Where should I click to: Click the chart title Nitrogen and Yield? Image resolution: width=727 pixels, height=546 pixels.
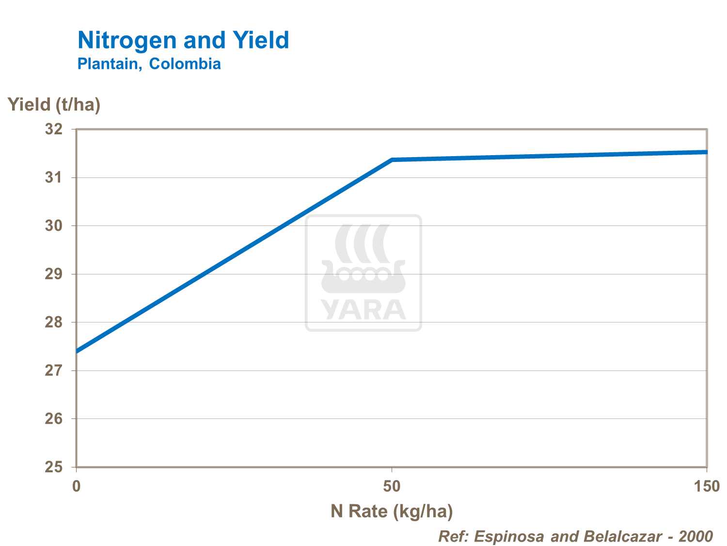(183, 40)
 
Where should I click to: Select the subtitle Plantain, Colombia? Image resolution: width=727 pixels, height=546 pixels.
(149, 64)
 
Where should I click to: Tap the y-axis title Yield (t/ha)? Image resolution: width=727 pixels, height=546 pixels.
(54, 104)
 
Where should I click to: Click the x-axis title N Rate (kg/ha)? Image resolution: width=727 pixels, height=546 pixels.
(392, 511)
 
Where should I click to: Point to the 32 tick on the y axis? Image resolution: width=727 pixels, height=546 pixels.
(54, 129)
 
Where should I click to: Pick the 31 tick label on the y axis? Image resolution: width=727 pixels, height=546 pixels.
(54, 177)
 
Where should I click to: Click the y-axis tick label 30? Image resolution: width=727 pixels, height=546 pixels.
(54, 226)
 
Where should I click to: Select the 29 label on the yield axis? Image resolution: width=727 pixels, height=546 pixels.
(54, 274)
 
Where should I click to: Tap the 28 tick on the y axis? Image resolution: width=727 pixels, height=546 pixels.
(54, 322)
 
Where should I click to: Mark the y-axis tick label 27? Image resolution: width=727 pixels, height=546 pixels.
(54, 370)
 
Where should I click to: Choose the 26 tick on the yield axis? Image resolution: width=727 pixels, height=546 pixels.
(54, 419)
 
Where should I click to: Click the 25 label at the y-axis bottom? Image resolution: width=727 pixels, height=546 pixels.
(54, 467)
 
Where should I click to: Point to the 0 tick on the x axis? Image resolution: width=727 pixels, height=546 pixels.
(76, 486)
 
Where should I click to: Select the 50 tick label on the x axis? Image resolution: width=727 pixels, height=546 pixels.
(392, 486)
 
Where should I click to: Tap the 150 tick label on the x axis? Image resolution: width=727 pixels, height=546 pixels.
(707, 486)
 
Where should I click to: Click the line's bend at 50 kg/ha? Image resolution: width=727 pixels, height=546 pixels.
(392, 160)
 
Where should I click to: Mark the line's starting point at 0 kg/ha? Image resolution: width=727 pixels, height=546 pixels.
(78, 351)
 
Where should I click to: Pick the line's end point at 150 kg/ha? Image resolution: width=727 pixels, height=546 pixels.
(706, 152)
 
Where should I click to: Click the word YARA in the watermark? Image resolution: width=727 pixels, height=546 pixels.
(363, 310)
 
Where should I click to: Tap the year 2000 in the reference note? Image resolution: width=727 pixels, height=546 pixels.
(695, 536)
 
